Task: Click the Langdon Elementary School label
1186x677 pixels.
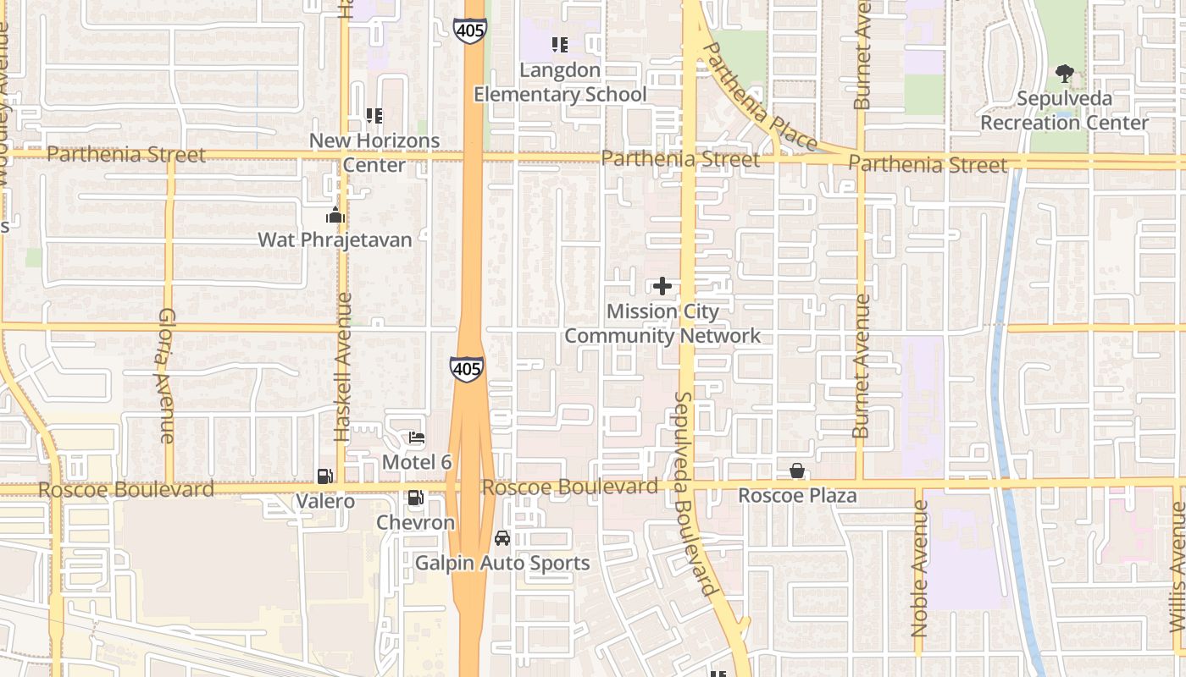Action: click(560, 82)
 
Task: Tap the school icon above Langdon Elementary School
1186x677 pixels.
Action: click(560, 44)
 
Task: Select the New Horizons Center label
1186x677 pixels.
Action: click(374, 152)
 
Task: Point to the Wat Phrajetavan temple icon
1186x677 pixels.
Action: click(335, 215)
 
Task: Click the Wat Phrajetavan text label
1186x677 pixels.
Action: click(335, 239)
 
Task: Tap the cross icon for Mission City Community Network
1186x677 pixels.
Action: click(662, 286)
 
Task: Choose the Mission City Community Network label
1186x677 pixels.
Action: click(662, 323)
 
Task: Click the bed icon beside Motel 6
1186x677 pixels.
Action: click(416, 438)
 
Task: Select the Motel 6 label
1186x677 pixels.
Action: click(417, 462)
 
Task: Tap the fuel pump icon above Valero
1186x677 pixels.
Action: click(325, 476)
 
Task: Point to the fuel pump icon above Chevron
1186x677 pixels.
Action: click(416, 498)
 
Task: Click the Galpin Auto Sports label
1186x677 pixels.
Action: click(502, 563)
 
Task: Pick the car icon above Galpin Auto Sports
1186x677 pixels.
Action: click(502, 538)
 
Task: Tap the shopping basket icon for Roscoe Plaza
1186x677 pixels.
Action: click(797, 471)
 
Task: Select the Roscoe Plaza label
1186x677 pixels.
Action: click(797, 495)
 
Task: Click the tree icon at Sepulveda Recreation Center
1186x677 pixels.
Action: click(1065, 74)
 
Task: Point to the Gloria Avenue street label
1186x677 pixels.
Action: click(166, 375)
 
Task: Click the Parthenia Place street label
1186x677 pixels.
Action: click(760, 97)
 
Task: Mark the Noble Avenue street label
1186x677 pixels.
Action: click(920, 568)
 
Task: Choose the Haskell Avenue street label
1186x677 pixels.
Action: click(342, 366)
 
